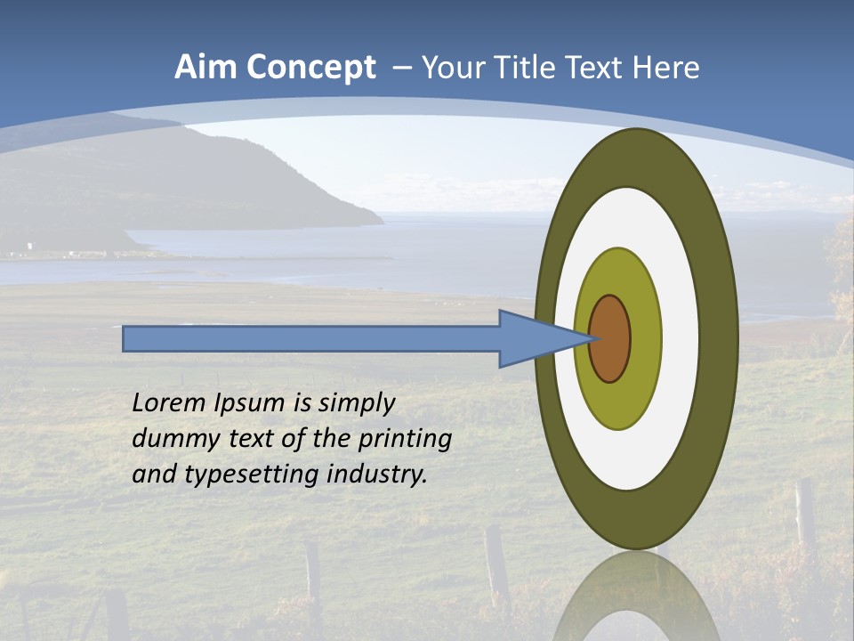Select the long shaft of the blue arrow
point(311,339)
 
